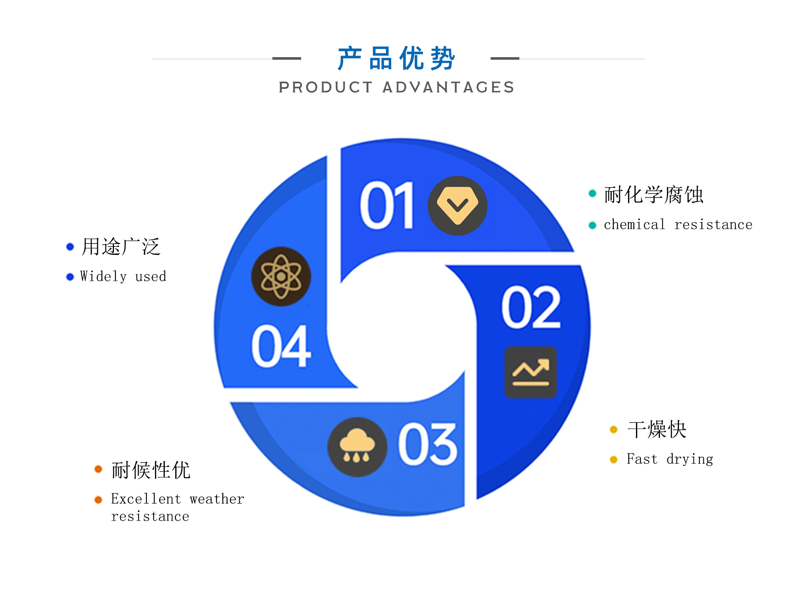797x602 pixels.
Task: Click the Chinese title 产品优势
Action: pos(396,59)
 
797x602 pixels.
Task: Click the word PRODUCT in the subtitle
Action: pos(326,87)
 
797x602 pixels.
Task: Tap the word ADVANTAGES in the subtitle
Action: pos(448,87)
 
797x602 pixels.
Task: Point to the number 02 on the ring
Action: pos(531,307)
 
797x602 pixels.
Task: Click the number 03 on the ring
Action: pos(427,444)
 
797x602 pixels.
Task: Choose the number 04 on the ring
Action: pos(281,346)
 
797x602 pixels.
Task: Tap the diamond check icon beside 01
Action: pos(457,205)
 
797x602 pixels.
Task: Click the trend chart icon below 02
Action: pos(531,372)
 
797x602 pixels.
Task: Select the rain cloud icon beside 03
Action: pos(357,447)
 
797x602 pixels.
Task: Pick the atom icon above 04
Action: pos(281,276)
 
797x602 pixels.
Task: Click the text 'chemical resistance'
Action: pos(678,224)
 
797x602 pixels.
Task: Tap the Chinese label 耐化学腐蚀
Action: pos(654,195)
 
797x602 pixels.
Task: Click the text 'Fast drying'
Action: pos(670,459)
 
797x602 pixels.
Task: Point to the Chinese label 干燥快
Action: pos(657,429)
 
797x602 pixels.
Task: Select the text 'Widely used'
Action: pos(123,277)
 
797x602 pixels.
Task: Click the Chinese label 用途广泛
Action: pos(121,246)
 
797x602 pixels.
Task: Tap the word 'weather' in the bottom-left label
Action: pos(217,499)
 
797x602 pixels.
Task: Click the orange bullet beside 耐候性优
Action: pos(98,469)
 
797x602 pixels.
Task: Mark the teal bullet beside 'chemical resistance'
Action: pos(592,225)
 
